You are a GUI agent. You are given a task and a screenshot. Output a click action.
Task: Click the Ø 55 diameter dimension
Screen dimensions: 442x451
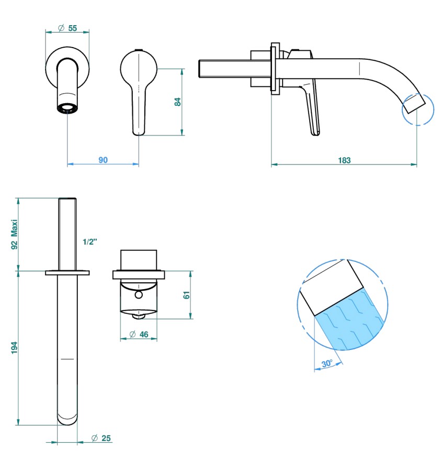tap(67, 28)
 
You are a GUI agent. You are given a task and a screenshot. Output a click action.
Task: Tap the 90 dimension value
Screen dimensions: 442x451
tap(103, 160)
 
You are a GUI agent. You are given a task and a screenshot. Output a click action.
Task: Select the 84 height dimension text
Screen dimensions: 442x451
tap(178, 102)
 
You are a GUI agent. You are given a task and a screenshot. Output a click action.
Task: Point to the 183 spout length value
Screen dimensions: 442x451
tap(344, 160)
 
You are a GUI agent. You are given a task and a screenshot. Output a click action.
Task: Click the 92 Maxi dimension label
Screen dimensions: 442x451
tap(14, 235)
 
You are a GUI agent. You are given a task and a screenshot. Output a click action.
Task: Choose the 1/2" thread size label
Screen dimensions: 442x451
tap(90, 242)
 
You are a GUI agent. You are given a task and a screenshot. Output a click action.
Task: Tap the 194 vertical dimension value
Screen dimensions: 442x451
tap(14, 348)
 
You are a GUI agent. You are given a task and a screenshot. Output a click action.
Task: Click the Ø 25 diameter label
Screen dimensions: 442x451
tap(101, 438)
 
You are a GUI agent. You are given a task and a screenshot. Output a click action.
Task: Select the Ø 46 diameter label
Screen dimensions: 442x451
tap(139, 334)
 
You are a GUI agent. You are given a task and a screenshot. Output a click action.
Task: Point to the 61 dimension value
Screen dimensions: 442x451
tap(187, 295)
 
